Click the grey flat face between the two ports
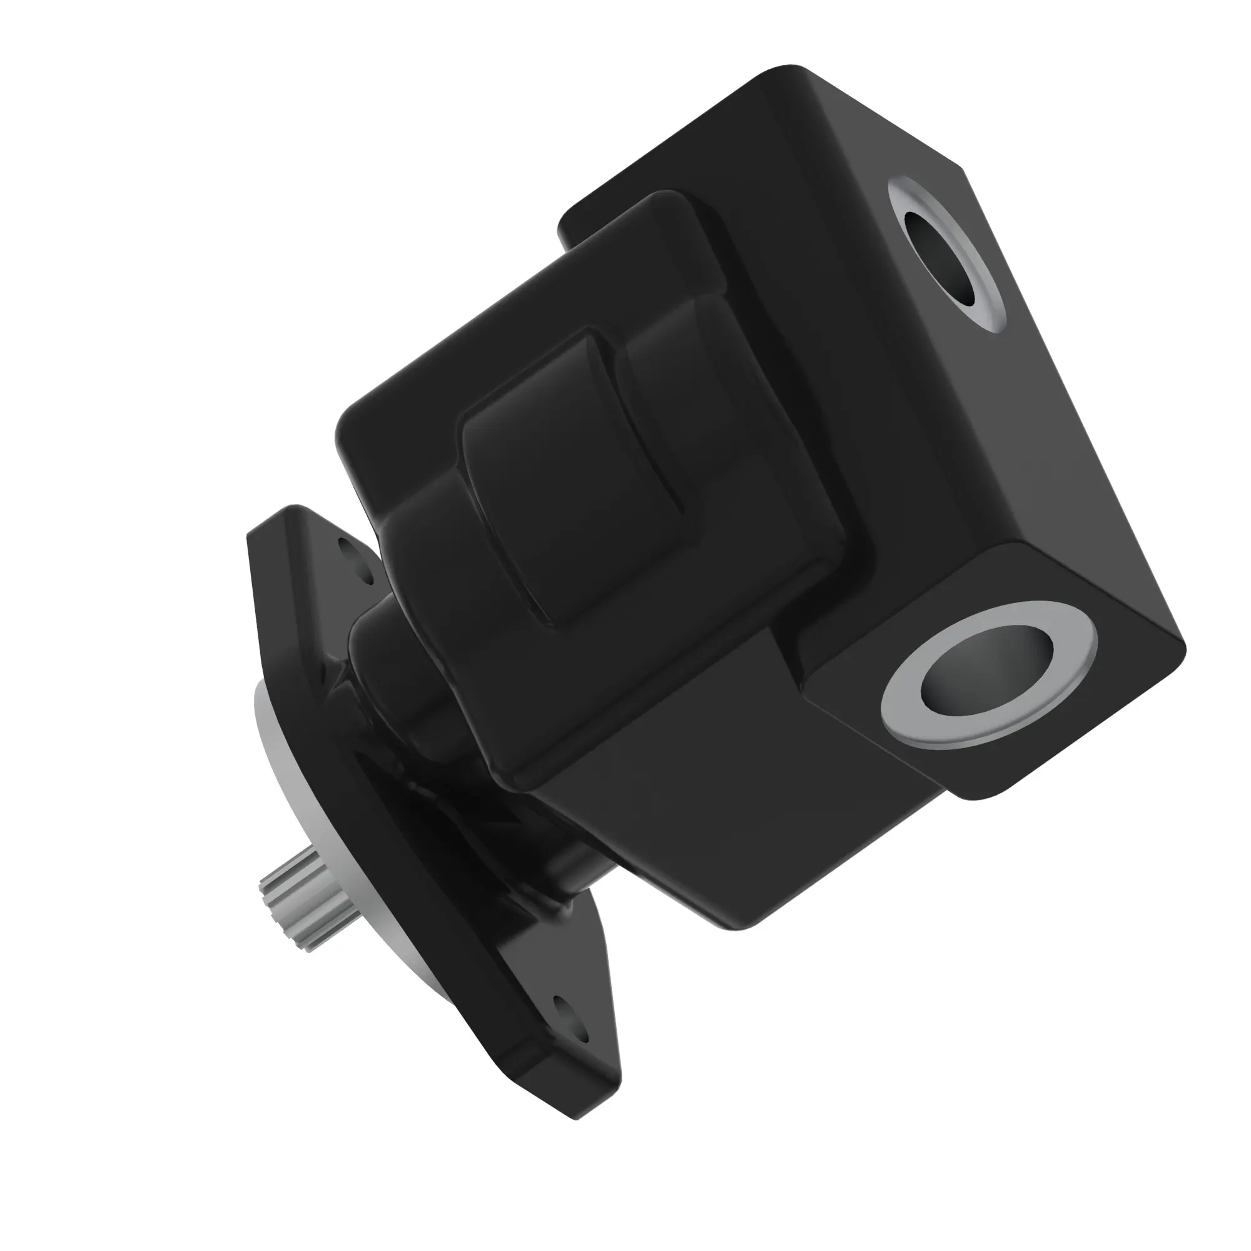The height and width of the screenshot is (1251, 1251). pyautogui.click(x=1068, y=466)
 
